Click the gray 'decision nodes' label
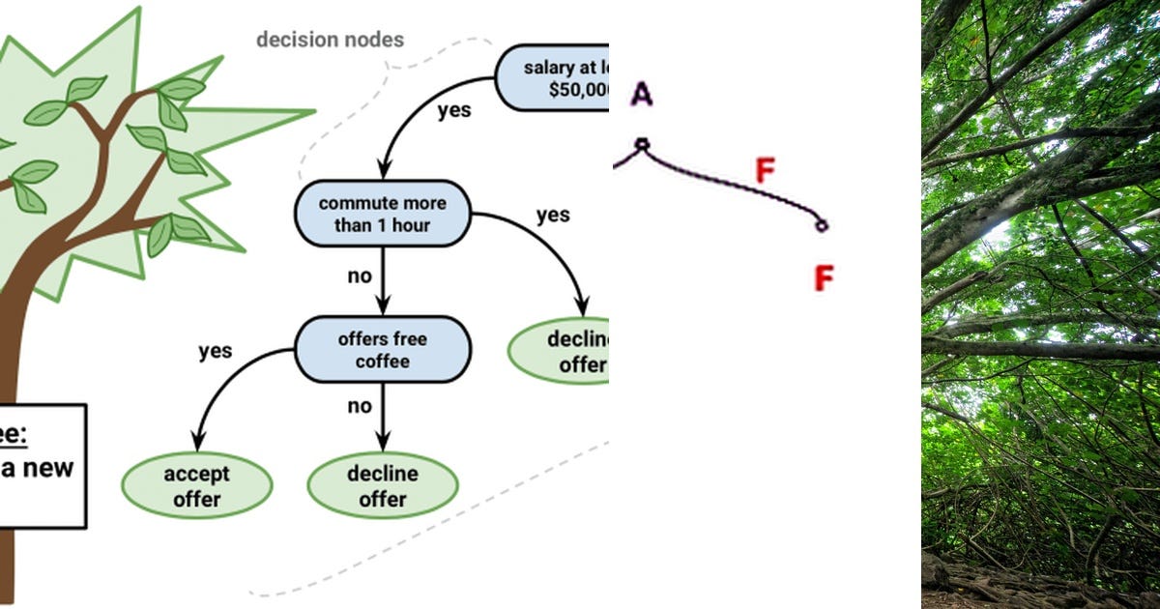point(330,40)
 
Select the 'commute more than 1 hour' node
point(383,215)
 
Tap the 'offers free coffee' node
point(383,350)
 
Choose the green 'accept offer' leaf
point(197,486)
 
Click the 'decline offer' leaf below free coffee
point(383,486)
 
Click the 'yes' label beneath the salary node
point(454,110)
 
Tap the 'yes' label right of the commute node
point(553,215)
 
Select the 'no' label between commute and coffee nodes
point(360,276)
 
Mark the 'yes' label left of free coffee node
point(215,351)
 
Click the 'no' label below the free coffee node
point(360,406)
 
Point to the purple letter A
point(642,94)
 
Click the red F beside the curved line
point(765,172)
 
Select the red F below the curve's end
point(823,278)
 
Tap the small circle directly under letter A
point(642,145)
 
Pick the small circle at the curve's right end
point(821,225)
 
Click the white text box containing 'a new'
point(39,466)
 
